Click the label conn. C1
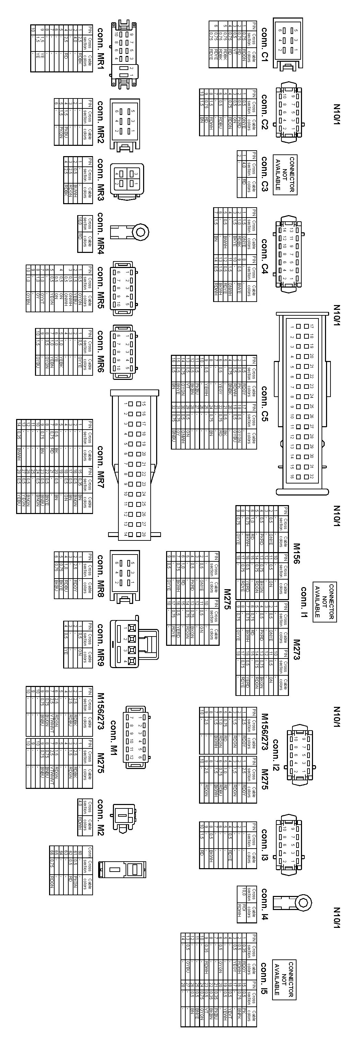tap(265, 44)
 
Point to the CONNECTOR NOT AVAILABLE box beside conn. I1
tap(325, 601)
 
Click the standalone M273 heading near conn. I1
tap(297, 649)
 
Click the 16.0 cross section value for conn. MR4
tap(79, 220)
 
